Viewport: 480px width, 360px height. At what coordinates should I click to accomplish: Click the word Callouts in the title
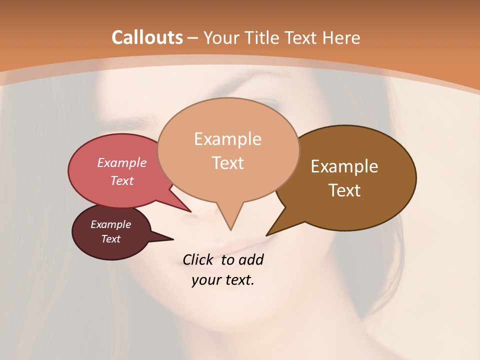tap(147, 37)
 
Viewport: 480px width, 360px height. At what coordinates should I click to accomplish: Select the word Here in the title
tap(341, 37)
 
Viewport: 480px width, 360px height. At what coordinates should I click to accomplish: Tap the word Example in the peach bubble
tap(227, 139)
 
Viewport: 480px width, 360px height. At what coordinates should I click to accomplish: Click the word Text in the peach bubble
tap(227, 163)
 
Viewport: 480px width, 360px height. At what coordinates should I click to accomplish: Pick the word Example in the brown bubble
tap(344, 166)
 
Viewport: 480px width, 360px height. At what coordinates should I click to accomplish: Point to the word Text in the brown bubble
tap(344, 190)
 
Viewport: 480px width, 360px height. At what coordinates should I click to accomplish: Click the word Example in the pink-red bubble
tap(121, 162)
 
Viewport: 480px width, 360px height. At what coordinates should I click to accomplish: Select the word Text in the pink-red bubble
tap(121, 180)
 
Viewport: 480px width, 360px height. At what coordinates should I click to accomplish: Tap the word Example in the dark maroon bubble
tap(110, 224)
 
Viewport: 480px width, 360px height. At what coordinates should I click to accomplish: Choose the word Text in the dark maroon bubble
tap(110, 239)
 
